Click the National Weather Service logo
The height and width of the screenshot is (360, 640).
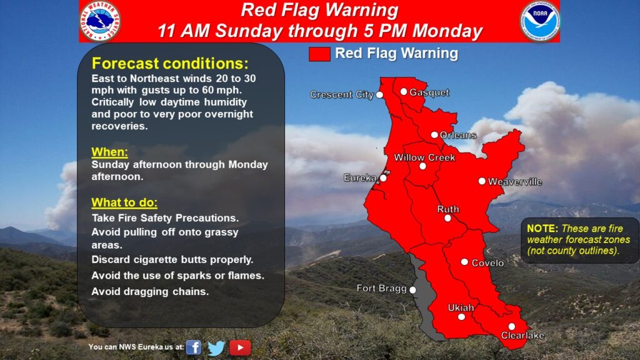[x=101, y=21]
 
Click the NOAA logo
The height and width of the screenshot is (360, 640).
[x=539, y=21]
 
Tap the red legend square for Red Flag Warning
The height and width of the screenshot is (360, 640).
[x=319, y=54]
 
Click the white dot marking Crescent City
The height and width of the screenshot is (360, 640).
[x=379, y=95]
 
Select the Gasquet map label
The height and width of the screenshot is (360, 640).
[x=429, y=92]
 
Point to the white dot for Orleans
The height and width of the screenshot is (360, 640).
[x=435, y=135]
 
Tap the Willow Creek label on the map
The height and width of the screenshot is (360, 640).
[x=424, y=157]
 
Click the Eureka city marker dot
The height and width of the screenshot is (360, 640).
[x=383, y=178]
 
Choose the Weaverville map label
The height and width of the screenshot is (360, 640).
[x=515, y=182]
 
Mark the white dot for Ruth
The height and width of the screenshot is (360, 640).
[x=447, y=218]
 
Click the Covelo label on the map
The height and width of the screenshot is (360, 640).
[x=487, y=263]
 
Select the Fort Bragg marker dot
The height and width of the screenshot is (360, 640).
[x=412, y=290]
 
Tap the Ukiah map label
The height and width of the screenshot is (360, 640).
[x=461, y=307]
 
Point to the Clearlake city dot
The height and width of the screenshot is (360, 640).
[x=511, y=326]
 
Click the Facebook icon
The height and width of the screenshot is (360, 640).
[x=194, y=347]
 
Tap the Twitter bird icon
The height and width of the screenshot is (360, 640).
[x=216, y=347]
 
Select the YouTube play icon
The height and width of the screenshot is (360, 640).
[x=240, y=347]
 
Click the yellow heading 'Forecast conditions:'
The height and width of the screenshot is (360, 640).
[x=170, y=64]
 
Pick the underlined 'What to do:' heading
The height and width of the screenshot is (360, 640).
[x=124, y=202]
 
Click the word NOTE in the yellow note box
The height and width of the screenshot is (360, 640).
[x=542, y=229]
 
